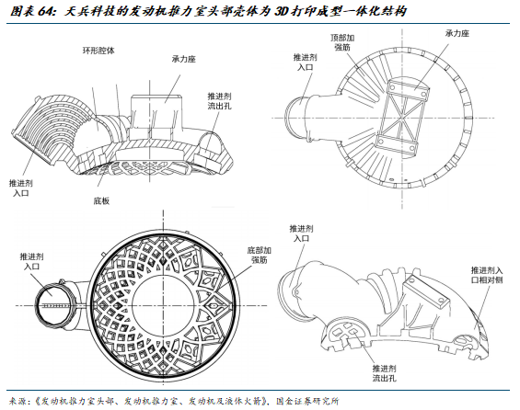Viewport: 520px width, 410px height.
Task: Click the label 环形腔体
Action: (x=98, y=51)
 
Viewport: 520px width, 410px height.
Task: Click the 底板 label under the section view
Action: (x=101, y=201)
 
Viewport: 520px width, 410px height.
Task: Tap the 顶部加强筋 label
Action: (x=342, y=42)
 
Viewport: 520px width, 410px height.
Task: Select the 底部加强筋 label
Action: (x=259, y=255)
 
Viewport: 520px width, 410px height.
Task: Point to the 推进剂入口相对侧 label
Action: (x=487, y=275)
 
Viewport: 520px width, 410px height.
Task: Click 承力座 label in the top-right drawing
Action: (x=457, y=33)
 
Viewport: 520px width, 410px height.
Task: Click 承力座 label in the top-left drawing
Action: (x=184, y=59)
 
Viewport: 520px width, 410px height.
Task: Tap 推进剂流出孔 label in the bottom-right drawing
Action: (x=384, y=373)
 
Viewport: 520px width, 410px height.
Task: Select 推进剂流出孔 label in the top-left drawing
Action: (x=220, y=101)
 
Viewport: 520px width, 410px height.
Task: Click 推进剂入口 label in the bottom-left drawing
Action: (x=32, y=261)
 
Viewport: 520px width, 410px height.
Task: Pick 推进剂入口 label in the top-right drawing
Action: (x=306, y=62)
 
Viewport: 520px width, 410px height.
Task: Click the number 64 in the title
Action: (x=46, y=12)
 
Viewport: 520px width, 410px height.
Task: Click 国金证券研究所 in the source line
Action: (x=307, y=402)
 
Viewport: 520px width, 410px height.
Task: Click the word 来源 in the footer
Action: (x=17, y=402)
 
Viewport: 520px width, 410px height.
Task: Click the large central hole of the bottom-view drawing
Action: (x=164, y=305)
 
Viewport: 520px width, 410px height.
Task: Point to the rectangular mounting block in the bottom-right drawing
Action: (x=426, y=292)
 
